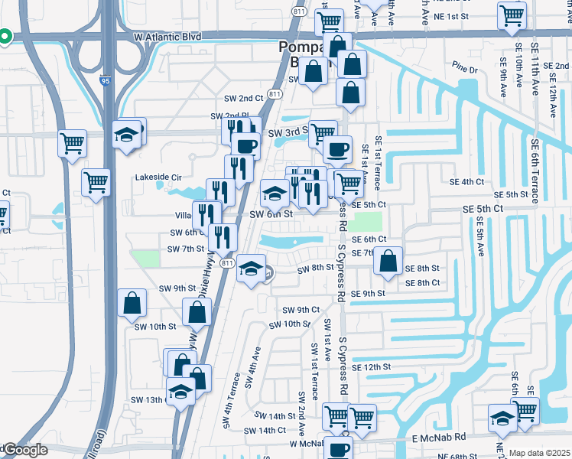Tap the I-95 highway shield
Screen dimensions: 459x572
[106, 78]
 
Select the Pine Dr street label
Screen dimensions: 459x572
[464, 70]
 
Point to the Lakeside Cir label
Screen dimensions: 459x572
[157, 177]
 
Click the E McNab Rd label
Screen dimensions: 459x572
[438, 438]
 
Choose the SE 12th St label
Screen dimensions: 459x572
[371, 367]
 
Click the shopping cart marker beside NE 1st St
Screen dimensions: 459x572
[512, 15]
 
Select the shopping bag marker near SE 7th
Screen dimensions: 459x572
[388, 260]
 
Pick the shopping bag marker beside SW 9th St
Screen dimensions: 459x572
[132, 303]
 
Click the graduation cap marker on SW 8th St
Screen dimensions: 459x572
[250, 268]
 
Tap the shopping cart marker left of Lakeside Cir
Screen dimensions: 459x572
[96, 182]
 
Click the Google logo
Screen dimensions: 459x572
[24, 450]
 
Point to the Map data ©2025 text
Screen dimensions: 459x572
[539, 453]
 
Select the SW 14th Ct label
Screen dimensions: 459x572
[265, 431]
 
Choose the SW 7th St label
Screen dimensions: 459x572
[187, 249]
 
